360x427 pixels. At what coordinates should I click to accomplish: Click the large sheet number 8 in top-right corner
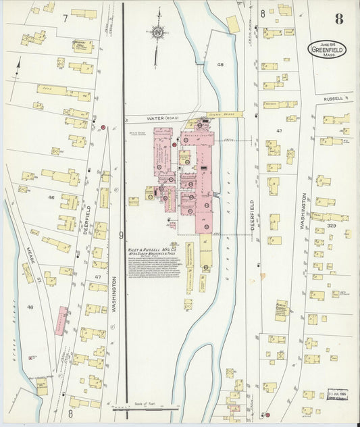[339, 19]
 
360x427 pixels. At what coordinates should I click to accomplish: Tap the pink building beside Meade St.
[62, 320]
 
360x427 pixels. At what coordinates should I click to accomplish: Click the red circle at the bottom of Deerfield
[267, 415]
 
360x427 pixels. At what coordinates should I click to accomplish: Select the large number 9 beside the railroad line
[121, 235]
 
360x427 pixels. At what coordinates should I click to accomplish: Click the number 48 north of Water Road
[220, 65]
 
